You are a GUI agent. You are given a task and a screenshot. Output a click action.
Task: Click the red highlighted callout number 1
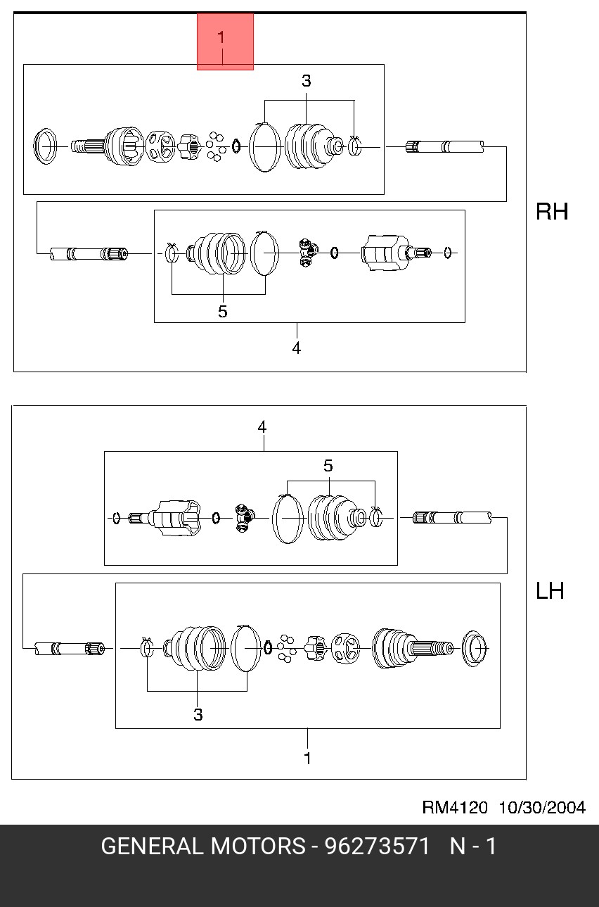tap(221, 38)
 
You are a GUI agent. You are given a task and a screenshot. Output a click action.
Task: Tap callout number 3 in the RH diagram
tap(306, 81)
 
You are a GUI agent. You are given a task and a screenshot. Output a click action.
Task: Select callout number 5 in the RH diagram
tap(222, 312)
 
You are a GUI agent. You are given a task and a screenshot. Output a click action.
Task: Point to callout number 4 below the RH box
tap(297, 348)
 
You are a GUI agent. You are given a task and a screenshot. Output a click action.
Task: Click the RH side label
tap(552, 212)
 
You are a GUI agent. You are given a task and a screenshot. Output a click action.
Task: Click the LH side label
tap(550, 591)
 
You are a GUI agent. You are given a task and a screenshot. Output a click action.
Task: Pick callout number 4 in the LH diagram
tap(262, 427)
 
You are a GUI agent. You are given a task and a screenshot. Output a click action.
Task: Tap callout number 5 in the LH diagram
tap(328, 466)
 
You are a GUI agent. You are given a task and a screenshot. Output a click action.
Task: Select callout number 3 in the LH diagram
tap(198, 714)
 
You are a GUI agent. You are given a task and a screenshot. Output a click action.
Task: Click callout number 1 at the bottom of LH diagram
tap(307, 759)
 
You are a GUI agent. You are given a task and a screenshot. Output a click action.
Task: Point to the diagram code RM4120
tap(455, 807)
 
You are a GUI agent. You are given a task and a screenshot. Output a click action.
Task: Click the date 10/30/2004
tap(542, 807)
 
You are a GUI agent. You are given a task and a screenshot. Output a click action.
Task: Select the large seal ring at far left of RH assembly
tap(44, 146)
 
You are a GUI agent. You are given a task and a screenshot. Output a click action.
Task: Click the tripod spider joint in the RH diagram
tap(309, 253)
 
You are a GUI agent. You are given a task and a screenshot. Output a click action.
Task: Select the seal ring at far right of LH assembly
tap(474, 648)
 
